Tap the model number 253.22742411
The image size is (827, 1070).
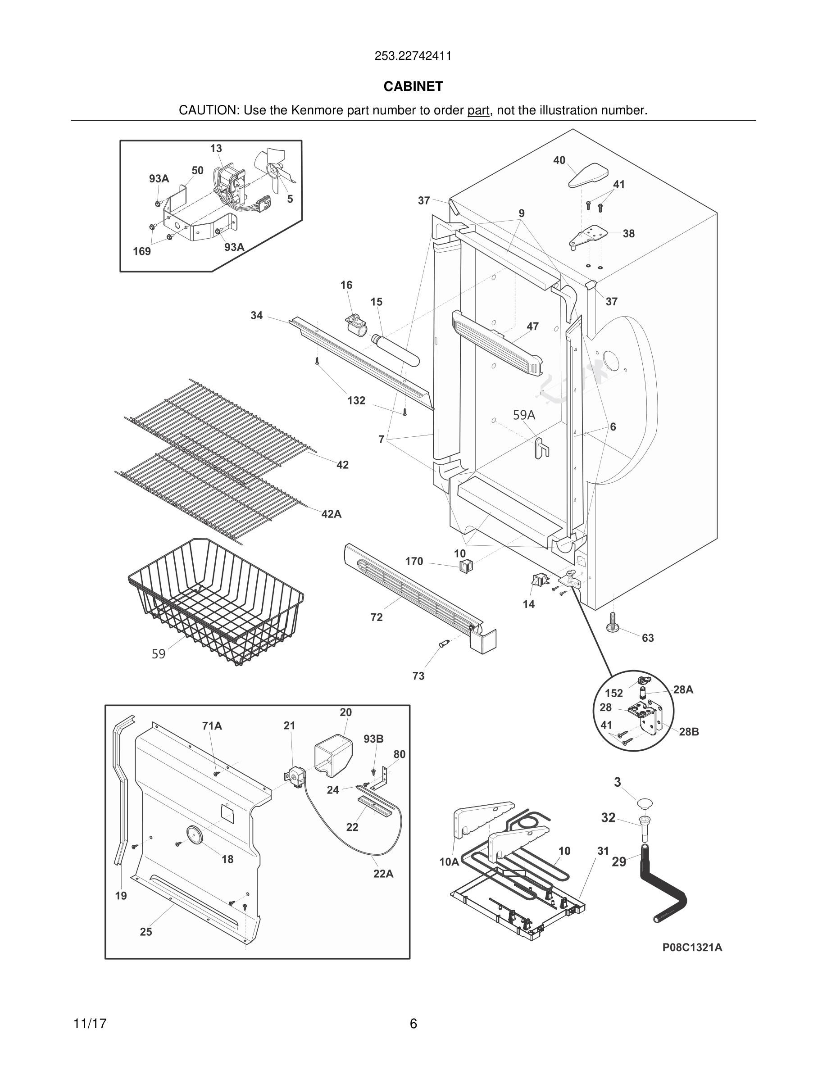(413, 56)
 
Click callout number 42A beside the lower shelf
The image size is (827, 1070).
(331, 514)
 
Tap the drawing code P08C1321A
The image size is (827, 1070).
(692, 947)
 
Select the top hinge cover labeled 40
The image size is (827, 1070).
(588, 175)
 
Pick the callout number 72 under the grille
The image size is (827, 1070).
(376, 617)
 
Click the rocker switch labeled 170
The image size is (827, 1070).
(464, 567)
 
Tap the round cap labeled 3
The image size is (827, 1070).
(645, 803)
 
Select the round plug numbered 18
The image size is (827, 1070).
(194, 834)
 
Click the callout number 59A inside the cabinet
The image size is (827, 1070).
(524, 416)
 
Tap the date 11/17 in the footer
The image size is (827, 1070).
(90, 1024)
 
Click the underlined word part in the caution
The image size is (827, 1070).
(477, 111)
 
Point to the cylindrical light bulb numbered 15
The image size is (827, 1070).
(396, 349)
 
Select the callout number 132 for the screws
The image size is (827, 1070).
(356, 400)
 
